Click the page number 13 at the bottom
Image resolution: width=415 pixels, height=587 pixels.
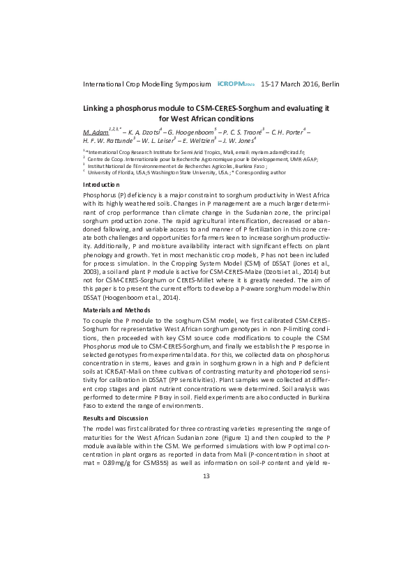point(206,476)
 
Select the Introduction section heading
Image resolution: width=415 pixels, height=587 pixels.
point(101,184)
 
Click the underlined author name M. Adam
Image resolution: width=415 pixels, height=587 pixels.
point(95,131)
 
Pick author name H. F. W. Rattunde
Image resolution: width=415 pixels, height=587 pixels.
point(111,141)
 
